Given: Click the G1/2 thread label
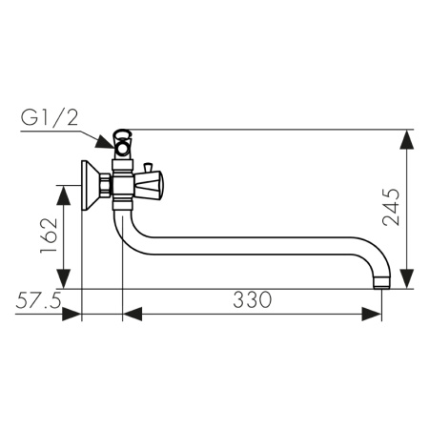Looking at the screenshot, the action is point(50,118).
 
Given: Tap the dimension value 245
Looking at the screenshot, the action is point(391,207).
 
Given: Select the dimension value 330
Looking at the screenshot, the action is point(253,299).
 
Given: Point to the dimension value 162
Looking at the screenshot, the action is point(49,235).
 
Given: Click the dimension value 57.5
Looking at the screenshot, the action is point(38,300).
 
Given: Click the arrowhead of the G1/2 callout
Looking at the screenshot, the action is point(105,142).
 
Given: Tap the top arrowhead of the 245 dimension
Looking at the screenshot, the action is point(407,139).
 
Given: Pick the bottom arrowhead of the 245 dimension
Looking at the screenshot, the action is point(407,278).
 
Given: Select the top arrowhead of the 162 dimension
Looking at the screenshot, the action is point(64,194).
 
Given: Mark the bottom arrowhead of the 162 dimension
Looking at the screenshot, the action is point(64,278).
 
